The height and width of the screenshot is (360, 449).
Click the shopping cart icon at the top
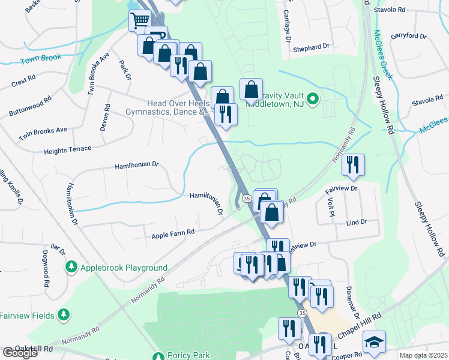[x=140, y=20]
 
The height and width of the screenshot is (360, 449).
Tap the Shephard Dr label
[x=312, y=46]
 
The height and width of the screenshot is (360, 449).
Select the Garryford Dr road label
[x=408, y=37]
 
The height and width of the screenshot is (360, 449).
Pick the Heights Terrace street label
[x=67, y=149]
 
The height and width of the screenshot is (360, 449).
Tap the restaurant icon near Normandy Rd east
[x=353, y=164]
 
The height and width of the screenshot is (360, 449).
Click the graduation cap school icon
[x=374, y=341]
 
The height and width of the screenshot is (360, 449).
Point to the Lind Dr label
[x=357, y=222]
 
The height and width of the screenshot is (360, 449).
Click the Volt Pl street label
[x=331, y=207]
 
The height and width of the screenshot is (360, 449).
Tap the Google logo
[x=20, y=353]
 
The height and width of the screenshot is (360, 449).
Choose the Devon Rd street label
[x=107, y=118]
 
